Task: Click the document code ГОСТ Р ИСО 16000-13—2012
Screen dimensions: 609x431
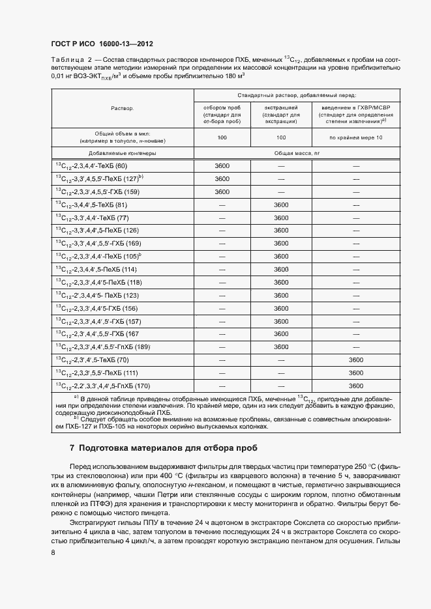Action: [x=102, y=44]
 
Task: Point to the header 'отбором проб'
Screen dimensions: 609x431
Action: [x=222, y=107]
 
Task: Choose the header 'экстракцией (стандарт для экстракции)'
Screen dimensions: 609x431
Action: [x=281, y=114]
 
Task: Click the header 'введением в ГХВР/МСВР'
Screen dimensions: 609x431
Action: [x=355, y=107]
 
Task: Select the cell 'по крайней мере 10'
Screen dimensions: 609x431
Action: [x=355, y=137]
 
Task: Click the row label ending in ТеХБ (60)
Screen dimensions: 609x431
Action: [x=91, y=166]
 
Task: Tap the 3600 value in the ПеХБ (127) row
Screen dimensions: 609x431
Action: [x=222, y=178]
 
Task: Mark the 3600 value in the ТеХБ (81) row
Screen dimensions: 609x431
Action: [x=281, y=205]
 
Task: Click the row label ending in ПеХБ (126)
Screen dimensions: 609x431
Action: [x=97, y=231]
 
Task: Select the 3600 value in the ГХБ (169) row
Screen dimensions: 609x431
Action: [x=281, y=244]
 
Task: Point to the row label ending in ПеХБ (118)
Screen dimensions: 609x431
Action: [x=98, y=283]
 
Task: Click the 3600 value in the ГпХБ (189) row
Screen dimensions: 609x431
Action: [x=281, y=347]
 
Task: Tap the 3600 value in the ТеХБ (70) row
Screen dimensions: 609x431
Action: [x=355, y=360]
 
